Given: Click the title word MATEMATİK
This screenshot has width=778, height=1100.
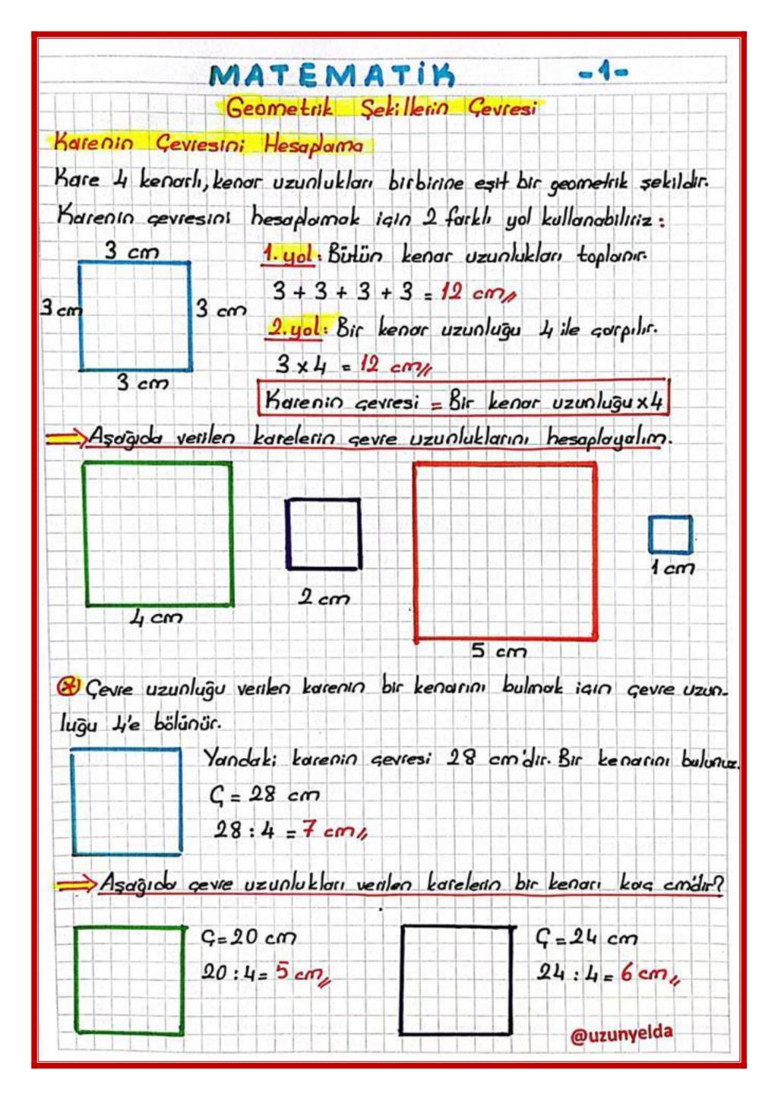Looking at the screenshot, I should [332, 75].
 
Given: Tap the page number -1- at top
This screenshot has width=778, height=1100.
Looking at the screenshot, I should [603, 73].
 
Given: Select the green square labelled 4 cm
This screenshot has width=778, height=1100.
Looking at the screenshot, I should [158, 534].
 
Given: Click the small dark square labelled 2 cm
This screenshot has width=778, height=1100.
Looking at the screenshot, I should [323, 533].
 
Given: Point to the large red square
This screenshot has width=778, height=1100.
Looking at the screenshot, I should [505, 552].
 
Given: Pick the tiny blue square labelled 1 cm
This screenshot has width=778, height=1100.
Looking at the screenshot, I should [670, 534].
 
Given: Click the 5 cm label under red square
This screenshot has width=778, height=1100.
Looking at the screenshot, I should [498, 651].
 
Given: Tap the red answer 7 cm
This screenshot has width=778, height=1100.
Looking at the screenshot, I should [334, 830].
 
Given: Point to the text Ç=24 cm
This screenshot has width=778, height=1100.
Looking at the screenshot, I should [586, 937].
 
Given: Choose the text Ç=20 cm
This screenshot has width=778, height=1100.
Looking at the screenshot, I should [248, 937].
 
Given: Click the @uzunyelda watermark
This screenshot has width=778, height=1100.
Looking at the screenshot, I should [621, 1035].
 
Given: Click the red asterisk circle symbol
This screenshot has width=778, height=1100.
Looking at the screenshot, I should [68, 686].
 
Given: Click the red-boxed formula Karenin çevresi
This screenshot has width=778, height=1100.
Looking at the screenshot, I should [463, 400].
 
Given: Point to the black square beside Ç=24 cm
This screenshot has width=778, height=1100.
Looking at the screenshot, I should [457, 980].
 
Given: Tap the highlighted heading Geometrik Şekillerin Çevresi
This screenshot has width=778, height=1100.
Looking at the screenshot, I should [381, 108].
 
